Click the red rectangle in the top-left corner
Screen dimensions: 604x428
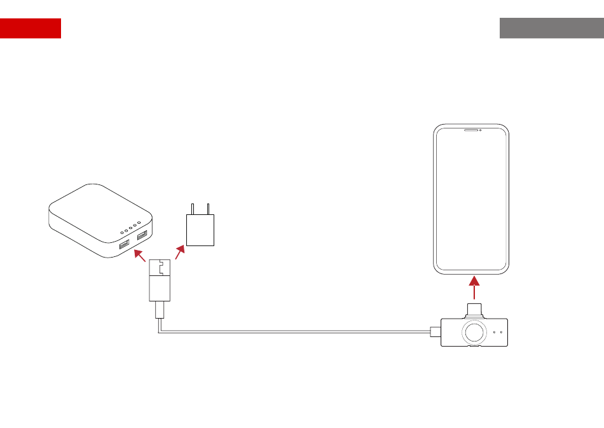[31, 28]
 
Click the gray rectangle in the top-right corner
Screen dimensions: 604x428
[551, 28]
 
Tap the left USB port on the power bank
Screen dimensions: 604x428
[125, 244]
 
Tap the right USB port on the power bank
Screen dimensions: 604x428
[141, 236]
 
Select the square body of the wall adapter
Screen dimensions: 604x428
[200, 230]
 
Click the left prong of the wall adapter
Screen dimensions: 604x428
[193, 209]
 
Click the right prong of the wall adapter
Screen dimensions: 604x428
[208, 209]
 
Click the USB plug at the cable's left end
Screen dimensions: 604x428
[160, 280]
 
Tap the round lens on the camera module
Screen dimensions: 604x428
[472, 332]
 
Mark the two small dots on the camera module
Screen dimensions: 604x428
[498, 332]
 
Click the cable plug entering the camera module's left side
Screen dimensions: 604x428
[435, 331]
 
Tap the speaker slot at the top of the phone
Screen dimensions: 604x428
[470, 130]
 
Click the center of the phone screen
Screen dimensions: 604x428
[472, 200]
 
